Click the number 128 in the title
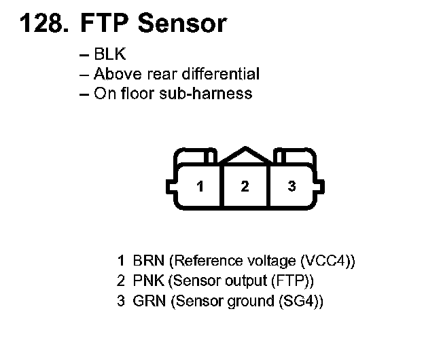coord(41,24)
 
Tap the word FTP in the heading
coord(105,24)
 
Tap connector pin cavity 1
coord(199,186)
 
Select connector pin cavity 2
coord(245,186)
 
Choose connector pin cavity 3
coord(291,186)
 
